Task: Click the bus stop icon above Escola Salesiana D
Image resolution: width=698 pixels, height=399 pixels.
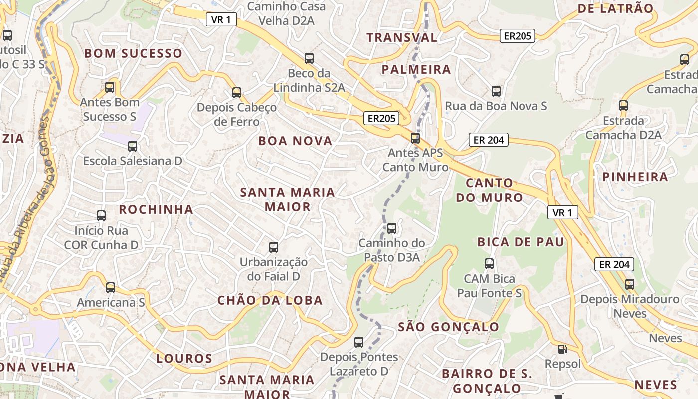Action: pyautogui.click(x=133, y=146)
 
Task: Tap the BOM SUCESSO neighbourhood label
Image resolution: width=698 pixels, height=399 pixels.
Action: pyautogui.click(x=133, y=53)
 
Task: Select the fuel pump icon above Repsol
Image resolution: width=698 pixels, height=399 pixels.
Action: pyautogui.click(x=562, y=349)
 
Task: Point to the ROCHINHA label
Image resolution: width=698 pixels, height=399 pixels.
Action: pyautogui.click(x=156, y=209)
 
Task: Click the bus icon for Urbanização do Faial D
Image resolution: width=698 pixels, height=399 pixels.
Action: pyautogui.click(x=274, y=247)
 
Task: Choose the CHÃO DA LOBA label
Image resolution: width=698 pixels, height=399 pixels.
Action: pyautogui.click(x=270, y=300)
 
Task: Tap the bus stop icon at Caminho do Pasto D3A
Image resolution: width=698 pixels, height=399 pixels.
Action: pyautogui.click(x=392, y=228)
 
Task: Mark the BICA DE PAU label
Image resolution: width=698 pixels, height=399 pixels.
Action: pyautogui.click(x=521, y=242)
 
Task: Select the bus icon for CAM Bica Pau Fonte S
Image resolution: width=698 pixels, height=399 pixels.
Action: pyautogui.click(x=489, y=263)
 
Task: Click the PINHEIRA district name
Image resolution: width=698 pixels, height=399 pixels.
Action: pyautogui.click(x=635, y=177)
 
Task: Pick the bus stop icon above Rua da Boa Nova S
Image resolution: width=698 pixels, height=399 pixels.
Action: pyautogui.click(x=496, y=91)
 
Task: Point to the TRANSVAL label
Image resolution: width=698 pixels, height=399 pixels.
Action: pyautogui.click(x=402, y=37)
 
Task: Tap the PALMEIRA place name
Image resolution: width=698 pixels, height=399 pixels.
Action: pyautogui.click(x=416, y=70)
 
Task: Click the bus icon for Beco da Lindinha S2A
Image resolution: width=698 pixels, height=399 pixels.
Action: pyautogui.click(x=309, y=58)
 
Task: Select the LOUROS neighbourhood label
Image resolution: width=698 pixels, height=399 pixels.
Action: pyautogui.click(x=184, y=359)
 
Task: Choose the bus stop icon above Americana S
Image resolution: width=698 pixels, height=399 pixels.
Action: pyautogui.click(x=111, y=287)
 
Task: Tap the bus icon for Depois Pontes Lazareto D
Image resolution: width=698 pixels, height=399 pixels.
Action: pyautogui.click(x=359, y=342)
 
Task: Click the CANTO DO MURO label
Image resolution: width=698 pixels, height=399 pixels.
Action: pyautogui.click(x=489, y=190)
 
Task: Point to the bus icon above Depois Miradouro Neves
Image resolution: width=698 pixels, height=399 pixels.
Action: pyautogui.click(x=630, y=284)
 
